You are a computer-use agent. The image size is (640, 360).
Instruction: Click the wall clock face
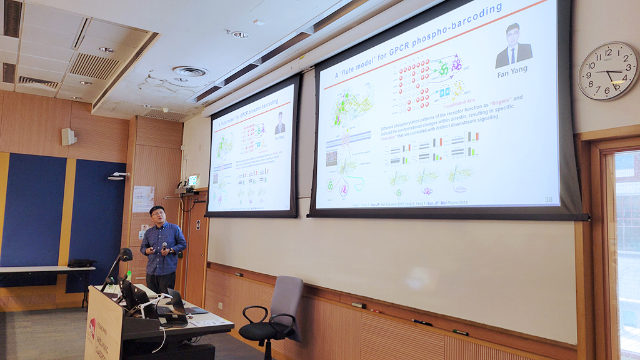pyautogui.click(x=607, y=71)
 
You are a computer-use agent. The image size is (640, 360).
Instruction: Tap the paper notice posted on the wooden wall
pyautogui.click(x=142, y=199)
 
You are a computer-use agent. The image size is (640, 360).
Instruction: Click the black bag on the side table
pyautogui.click(x=81, y=263)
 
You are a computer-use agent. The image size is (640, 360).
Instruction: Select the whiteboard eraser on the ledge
pyautogui.click(x=358, y=306)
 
